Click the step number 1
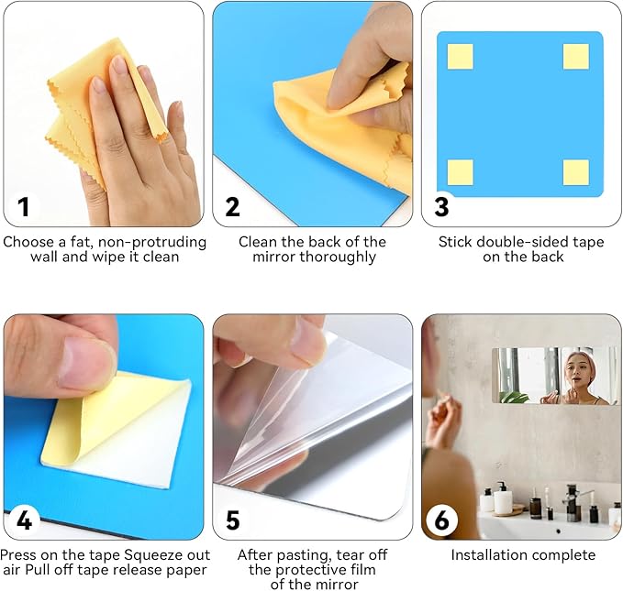tap(24, 207)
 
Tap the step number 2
tap(233, 207)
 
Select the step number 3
tap(441, 207)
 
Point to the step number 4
tap(24, 520)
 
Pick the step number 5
tap(233, 520)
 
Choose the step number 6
tap(442, 520)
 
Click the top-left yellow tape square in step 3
tap(460, 57)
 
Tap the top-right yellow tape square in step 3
tap(575, 57)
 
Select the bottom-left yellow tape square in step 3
tap(460, 172)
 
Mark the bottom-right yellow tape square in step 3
tap(575, 172)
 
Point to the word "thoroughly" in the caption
tap(338, 257)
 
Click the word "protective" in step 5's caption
tap(314, 570)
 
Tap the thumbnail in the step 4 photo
tap(86, 360)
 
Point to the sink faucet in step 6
tap(574, 501)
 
